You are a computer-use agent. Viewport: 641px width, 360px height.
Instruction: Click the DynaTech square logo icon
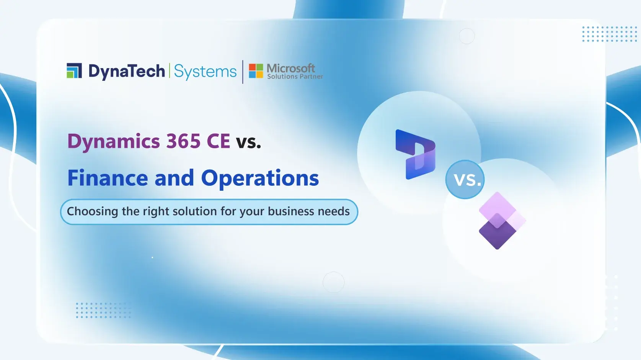coord(74,71)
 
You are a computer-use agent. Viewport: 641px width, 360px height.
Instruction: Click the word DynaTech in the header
coord(127,72)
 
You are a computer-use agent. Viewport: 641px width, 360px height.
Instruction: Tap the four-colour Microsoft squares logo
coord(256,71)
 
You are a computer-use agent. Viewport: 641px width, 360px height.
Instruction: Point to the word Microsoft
coord(291,68)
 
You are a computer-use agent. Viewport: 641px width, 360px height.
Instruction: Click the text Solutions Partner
coord(295,77)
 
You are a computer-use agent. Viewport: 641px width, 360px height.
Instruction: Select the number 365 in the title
coord(183,141)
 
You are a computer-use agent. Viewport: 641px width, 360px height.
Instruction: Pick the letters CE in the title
coord(219,141)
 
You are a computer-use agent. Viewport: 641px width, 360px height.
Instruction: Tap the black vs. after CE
coord(248,142)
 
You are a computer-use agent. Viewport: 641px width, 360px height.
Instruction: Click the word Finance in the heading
coord(108,178)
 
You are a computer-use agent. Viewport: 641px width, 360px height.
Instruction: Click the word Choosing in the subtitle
coord(93,211)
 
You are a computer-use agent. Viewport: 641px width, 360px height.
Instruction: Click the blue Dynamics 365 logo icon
coord(415,154)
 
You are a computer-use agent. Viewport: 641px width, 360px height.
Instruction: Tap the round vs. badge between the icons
coord(465,179)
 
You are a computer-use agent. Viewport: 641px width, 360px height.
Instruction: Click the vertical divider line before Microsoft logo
coord(243,72)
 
